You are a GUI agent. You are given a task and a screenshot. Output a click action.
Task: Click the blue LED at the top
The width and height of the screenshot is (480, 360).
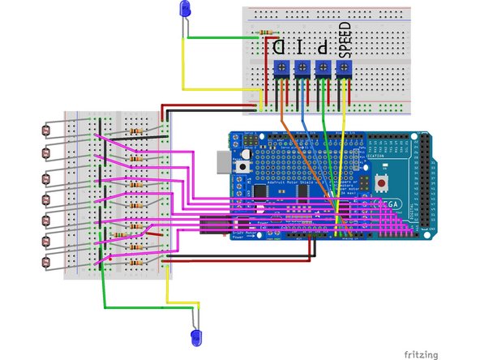pos(185,11)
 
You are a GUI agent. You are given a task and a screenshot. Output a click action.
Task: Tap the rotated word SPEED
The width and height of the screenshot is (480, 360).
pos(344,38)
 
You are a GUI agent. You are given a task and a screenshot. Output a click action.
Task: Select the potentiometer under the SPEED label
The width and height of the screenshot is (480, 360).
pos(344,71)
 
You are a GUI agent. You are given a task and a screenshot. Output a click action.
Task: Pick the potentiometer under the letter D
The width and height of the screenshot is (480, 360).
pos(281,71)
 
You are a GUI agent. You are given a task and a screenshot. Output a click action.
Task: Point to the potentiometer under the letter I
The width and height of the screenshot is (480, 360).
pos(302,71)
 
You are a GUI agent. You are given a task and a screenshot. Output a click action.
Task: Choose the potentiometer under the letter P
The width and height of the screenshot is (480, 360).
pos(323,71)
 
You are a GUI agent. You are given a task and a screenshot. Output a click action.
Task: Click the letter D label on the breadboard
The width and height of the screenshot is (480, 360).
pos(280,47)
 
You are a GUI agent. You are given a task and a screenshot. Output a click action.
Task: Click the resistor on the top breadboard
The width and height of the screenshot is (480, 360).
pos(264,34)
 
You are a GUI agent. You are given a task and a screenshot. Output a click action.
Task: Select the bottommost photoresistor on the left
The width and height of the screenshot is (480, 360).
pos(45,262)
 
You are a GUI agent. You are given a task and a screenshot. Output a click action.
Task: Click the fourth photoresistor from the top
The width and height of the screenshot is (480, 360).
pos(45,198)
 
